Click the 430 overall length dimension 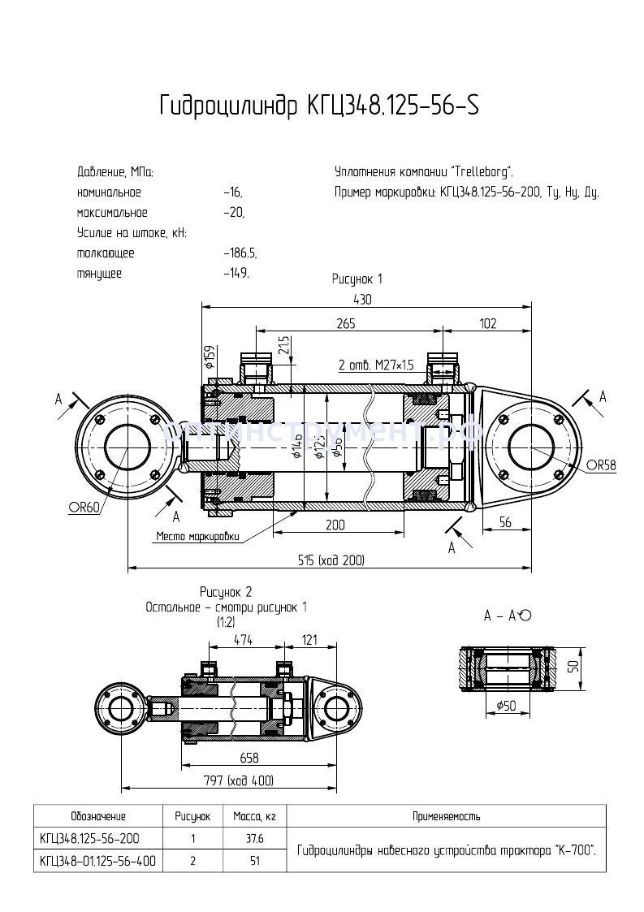point(361,299)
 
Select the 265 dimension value point(346,323)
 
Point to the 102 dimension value point(487,323)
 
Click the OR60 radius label point(84,508)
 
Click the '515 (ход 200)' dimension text point(331,560)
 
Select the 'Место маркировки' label point(199,536)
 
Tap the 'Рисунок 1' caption point(357,279)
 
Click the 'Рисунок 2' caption point(227,591)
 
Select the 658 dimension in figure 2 point(249,758)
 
